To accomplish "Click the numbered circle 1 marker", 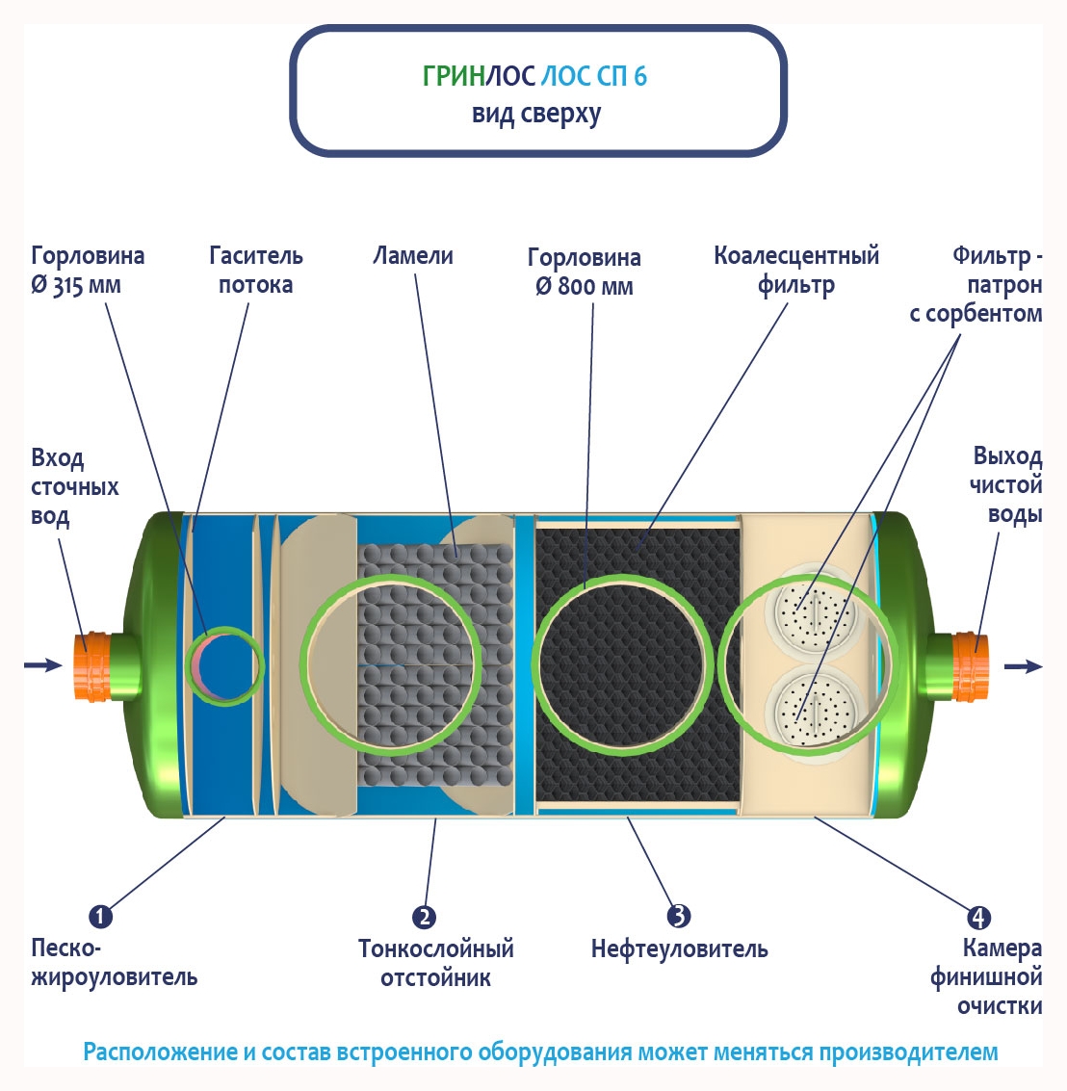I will coord(100,916).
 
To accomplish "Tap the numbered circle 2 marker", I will coord(424,917).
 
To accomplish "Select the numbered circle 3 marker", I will coord(678,916).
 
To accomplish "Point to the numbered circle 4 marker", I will coord(978,917).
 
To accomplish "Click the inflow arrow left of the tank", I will coord(42,664).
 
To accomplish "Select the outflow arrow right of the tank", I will coord(1023,665).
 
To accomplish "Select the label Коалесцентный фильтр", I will coord(796,270).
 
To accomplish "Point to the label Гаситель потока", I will coord(255,270).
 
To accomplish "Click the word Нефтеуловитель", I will coord(679,949).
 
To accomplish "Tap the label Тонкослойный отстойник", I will coord(436,963).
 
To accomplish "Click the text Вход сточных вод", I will coord(74,486).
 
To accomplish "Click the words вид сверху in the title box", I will coord(536,114).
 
